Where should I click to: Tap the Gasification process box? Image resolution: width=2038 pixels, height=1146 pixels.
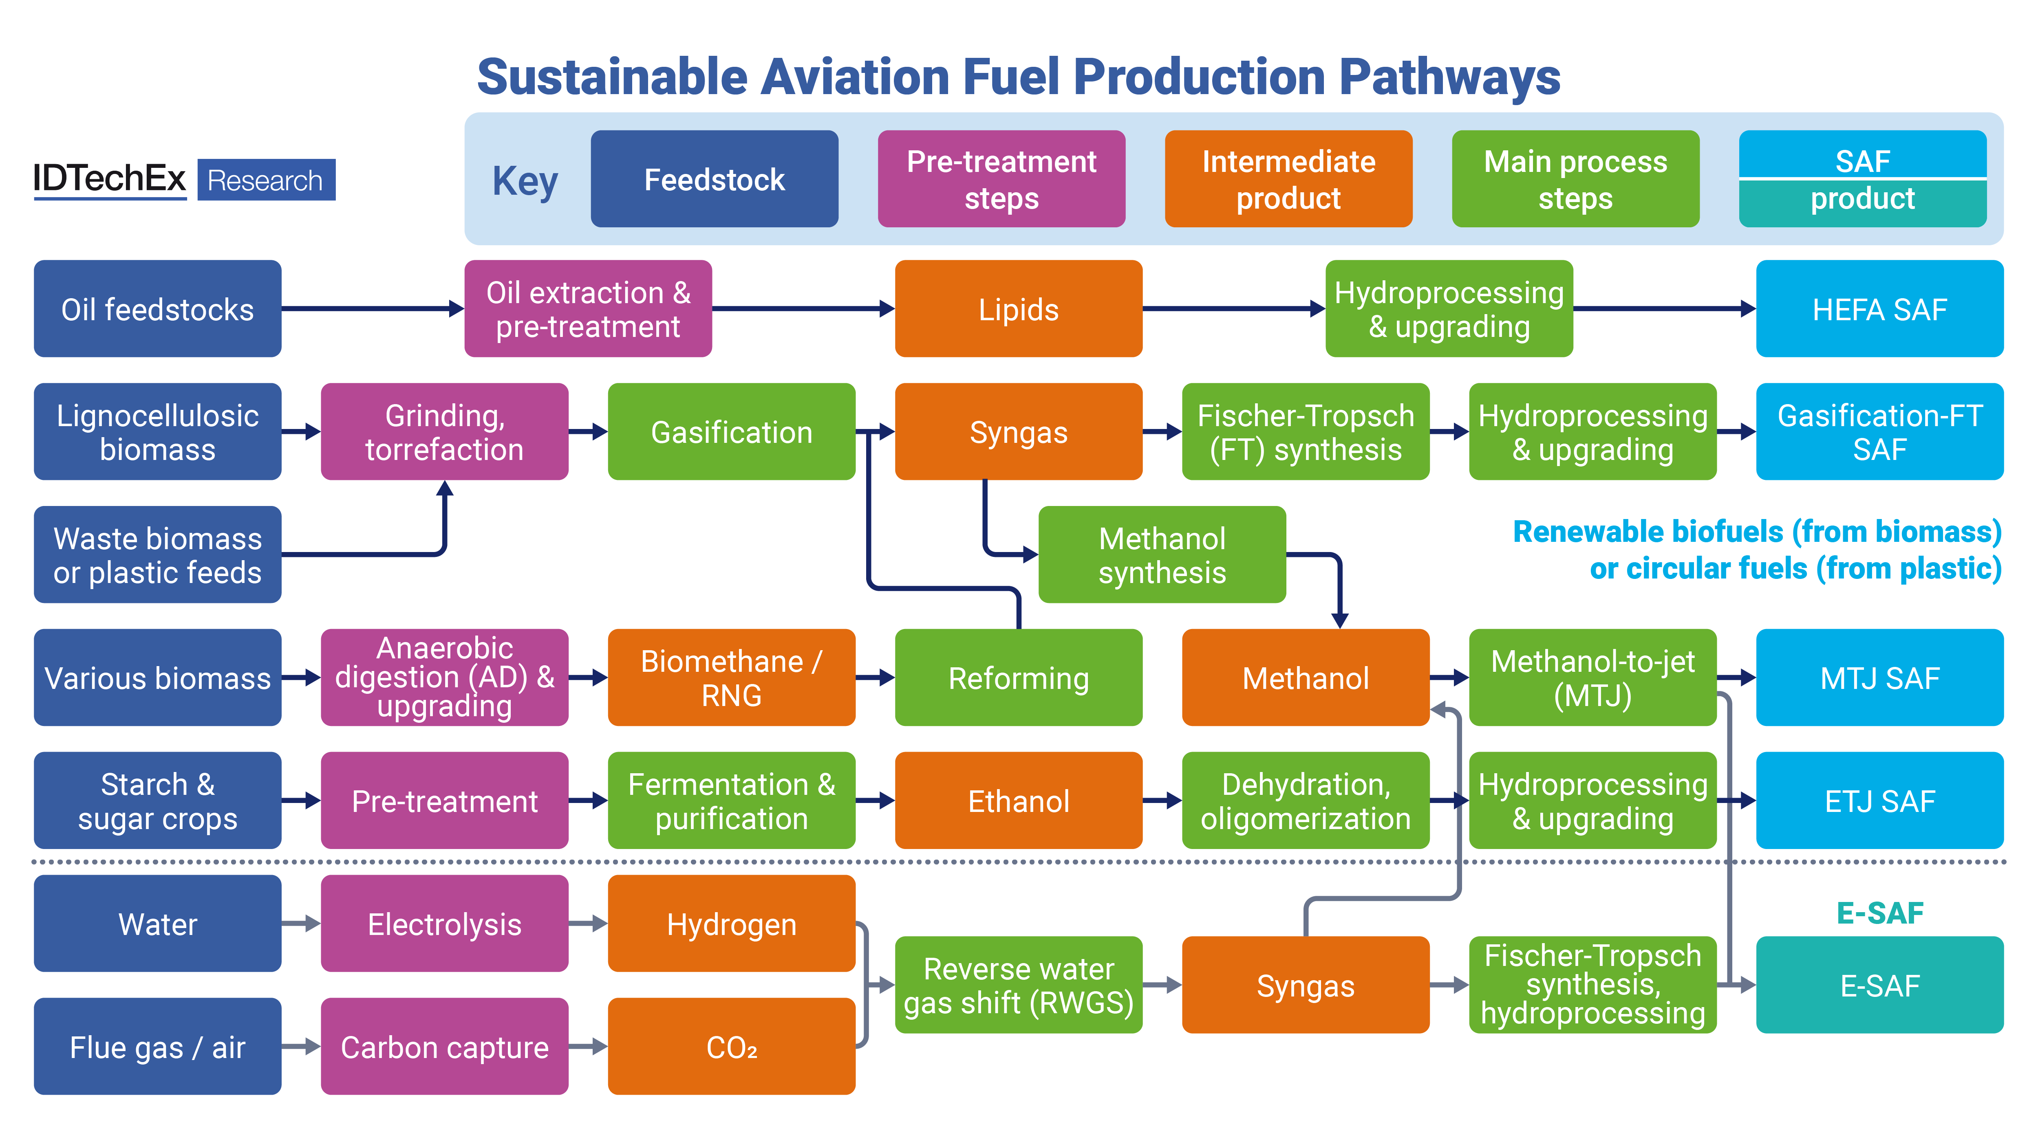pyautogui.click(x=731, y=432)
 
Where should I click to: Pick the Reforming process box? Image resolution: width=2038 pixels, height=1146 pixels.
pyautogui.click(x=1018, y=678)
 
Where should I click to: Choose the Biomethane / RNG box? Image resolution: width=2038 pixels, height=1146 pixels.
pyautogui.click(x=731, y=678)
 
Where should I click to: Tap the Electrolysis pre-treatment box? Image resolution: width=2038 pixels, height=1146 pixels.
pyautogui.click(x=444, y=923)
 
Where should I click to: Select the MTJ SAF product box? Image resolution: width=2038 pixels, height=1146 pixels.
pyautogui.click(x=1879, y=678)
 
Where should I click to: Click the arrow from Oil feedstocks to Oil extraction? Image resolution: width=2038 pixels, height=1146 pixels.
pyautogui.click(x=372, y=308)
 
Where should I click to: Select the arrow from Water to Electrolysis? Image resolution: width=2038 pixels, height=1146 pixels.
pyautogui.click(x=301, y=923)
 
